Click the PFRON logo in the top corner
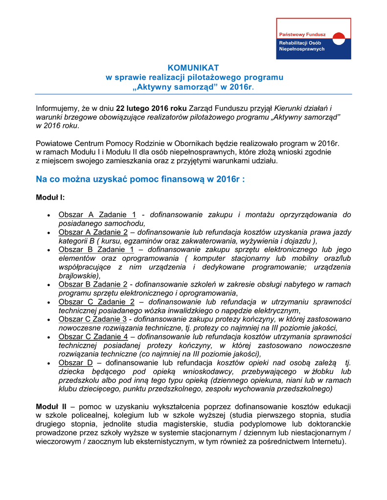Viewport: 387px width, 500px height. [x=313, y=39]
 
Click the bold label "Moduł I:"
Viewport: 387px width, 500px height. [x=50, y=198]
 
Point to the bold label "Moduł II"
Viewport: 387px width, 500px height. [x=51, y=406]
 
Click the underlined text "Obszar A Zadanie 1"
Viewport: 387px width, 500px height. [x=97, y=214]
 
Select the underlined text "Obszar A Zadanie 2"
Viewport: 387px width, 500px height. [x=93, y=232]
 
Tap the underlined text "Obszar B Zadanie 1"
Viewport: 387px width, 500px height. [x=96, y=250]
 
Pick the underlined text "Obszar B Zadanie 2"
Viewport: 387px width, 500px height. [x=93, y=284]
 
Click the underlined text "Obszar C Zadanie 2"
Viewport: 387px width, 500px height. [x=96, y=302]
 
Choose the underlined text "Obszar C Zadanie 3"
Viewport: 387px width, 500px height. [x=93, y=319]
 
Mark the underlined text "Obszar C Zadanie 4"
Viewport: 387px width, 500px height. [x=93, y=336]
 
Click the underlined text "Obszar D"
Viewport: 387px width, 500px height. [x=75, y=363]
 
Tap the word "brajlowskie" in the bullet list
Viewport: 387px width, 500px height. [x=78, y=275]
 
